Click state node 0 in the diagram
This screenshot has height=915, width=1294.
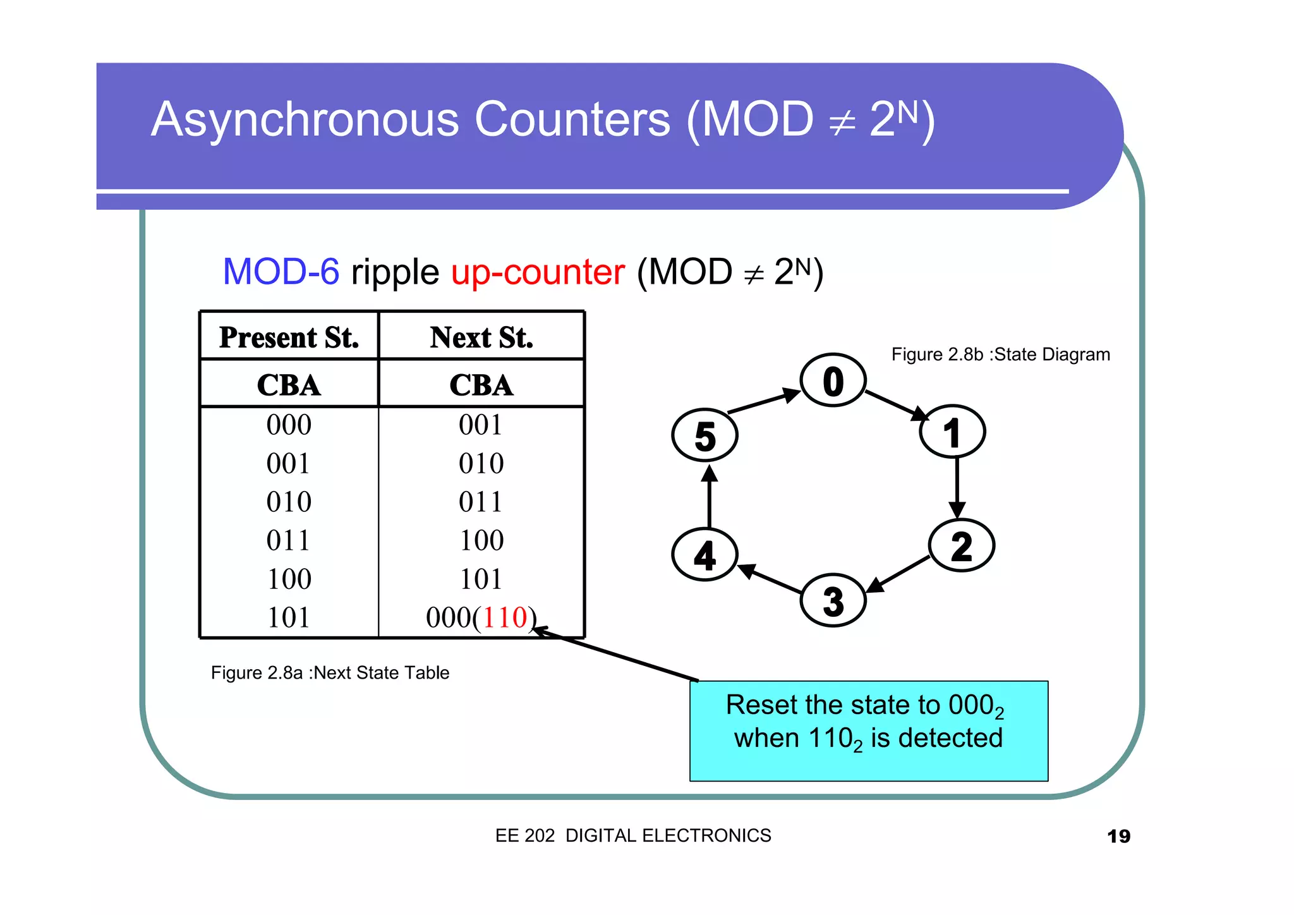[x=833, y=380]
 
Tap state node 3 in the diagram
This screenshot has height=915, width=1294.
[x=833, y=600]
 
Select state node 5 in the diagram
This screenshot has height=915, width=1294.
[x=704, y=436]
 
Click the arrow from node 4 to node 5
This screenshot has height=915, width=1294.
[x=710, y=497]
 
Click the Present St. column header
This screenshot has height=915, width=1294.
[x=289, y=337]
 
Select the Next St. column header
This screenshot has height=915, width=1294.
[x=481, y=337]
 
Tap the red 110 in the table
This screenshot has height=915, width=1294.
[x=504, y=617]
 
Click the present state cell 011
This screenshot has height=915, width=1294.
[x=289, y=540]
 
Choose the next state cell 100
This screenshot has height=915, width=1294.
[x=481, y=540]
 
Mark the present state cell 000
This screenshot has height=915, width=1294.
[x=289, y=425]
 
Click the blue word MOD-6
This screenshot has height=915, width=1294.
[x=281, y=272]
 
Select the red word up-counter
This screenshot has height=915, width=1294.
[x=538, y=272]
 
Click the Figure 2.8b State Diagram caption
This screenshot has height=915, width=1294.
[x=1000, y=354]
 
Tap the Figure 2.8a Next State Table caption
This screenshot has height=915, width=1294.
[x=330, y=672]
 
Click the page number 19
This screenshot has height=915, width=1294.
[x=1118, y=836]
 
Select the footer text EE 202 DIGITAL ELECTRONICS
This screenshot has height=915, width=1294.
[x=633, y=835]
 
